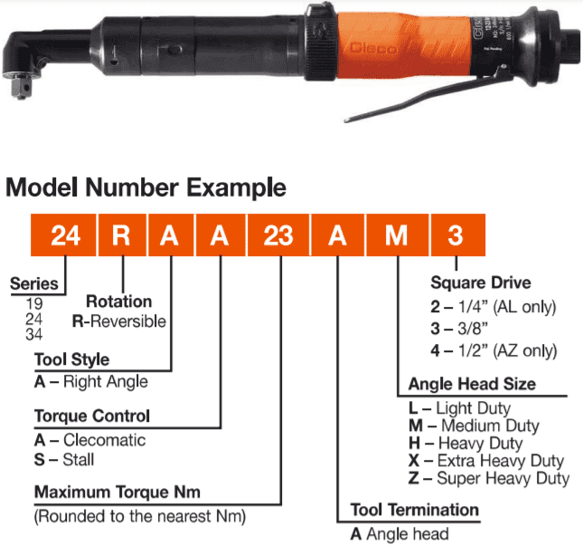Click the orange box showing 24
[x=63, y=235]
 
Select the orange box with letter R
[x=122, y=235]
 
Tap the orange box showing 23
[x=278, y=235]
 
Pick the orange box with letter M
[x=397, y=235]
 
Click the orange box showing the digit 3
[x=457, y=235]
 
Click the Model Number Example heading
[x=146, y=187]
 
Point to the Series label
[x=33, y=284]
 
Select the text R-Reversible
[x=119, y=321]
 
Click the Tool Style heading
[x=71, y=359]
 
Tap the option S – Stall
[x=64, y=459]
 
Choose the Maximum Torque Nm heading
[x=118, y=492]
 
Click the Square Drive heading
[x=480, y=282]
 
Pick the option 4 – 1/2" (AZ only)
[x=494, y=350]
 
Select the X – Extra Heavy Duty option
[x=486, y=461]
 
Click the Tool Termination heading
[x=415, y=510]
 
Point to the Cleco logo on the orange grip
[x=373, y=48]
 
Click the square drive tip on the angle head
[x=21, y=86]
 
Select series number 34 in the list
[x=33, y=334]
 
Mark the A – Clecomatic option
[x=89, y=440]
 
